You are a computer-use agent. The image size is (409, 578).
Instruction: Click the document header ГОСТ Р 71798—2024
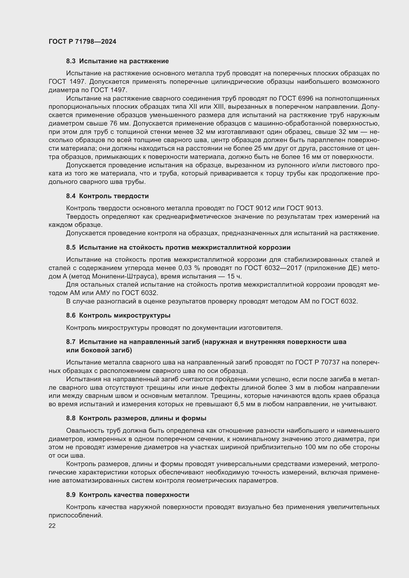[82, 42]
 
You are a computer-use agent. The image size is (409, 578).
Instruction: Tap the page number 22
[52, 526]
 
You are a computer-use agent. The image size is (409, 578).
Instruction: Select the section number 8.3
[70, 61]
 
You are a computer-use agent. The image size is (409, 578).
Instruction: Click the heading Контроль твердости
[114, 196]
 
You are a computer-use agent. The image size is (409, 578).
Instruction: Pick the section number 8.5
[70, 247]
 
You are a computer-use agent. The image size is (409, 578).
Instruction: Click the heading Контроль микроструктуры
[125, 315]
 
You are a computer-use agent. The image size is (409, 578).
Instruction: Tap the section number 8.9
[70, 495]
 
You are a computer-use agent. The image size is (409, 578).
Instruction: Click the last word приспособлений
[76, 515]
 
